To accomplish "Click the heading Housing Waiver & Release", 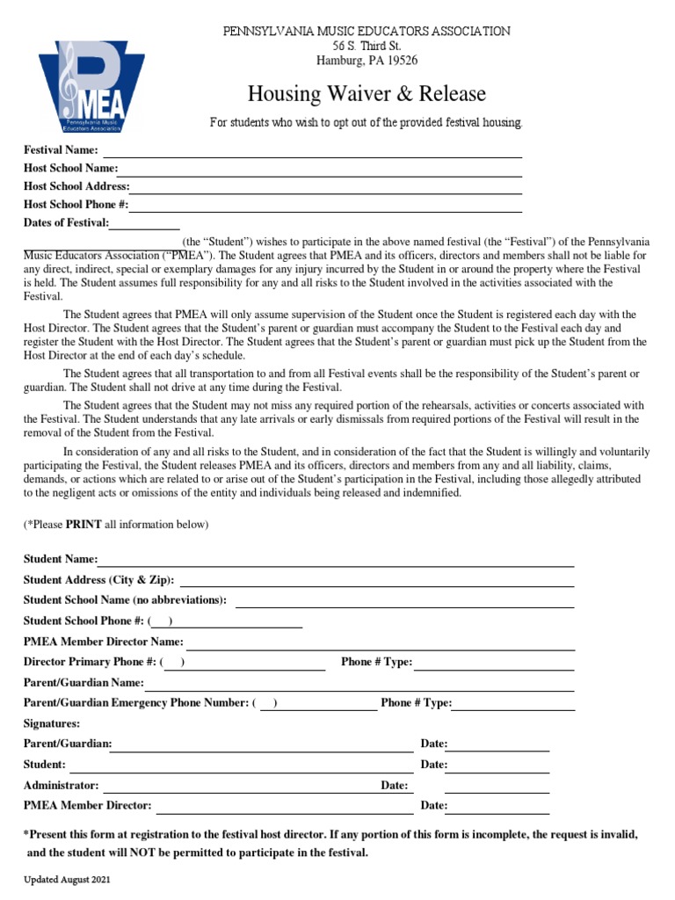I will (x=366, y=93).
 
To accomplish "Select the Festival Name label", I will (x=61, y=150).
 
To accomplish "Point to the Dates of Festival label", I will (x=67, y=222).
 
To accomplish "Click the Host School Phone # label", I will (x=76, y=205).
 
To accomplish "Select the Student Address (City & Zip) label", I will (x=98, y=580).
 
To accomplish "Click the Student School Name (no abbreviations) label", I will (x=125, y=600).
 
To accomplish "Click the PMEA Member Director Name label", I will (x=104, y=642).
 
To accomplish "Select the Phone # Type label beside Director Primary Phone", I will (x=376, y=662).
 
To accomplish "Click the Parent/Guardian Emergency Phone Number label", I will (x=135, y=703).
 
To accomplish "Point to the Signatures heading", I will (x=52, y=723).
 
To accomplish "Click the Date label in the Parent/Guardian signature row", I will (x=434, y=744).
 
